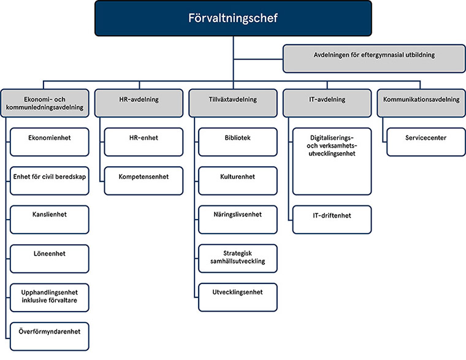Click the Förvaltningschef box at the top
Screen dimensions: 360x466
pos(232,18)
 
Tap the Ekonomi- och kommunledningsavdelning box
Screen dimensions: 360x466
pos(47,104)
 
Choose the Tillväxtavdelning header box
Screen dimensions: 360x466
pos(232,100)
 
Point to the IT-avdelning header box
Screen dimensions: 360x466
pos(326,100)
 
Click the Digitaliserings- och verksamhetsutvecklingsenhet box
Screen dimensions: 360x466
pos(332,161)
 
